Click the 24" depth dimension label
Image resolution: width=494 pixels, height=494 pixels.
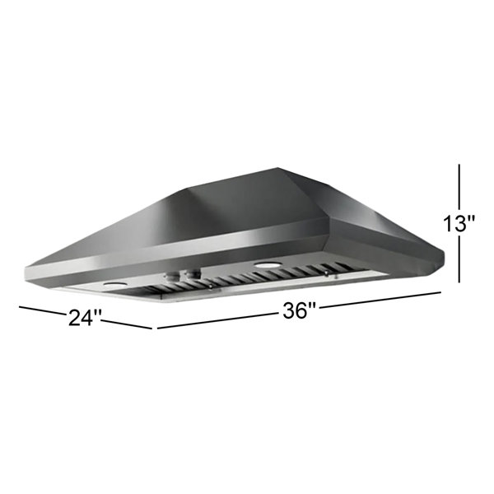click(x=86, y=316)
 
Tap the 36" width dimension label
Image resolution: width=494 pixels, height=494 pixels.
click(x=299, y=311)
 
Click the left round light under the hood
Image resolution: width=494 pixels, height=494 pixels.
click(x=114, y=284)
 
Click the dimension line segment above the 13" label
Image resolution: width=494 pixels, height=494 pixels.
click(x=459, y=187)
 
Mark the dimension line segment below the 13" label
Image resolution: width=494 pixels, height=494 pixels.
click(x=459, y=261)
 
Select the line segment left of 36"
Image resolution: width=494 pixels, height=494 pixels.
click(x=214, y=321)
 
